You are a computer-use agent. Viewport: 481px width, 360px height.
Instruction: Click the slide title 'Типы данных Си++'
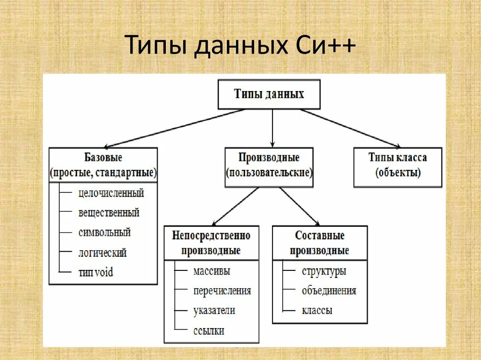[240, 47]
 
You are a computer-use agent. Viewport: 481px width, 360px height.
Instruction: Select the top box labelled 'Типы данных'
[269, 94]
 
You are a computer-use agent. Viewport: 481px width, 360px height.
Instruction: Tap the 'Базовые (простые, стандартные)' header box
[103, 165]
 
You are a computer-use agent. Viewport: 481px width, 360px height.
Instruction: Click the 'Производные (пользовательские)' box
[269, 165]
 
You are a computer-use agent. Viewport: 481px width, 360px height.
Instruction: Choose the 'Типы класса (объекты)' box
[397, 165]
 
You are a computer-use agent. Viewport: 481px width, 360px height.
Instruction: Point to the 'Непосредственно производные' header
[211, 243]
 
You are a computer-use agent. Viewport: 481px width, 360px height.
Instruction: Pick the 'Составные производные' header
[319, 243]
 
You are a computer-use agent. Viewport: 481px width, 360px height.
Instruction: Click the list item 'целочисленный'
[111, 193]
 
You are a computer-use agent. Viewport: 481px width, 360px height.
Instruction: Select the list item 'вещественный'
[109, 213]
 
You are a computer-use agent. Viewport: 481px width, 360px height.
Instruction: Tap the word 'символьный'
[105, 232]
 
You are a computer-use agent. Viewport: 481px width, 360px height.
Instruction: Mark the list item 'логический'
[102, 253]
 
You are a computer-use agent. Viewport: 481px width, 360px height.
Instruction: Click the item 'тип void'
[96, 272]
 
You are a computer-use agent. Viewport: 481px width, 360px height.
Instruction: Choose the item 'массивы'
[211, 271]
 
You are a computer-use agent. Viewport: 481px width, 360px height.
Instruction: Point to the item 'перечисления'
[222, 291]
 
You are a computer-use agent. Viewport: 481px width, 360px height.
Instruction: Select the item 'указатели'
[214, 310]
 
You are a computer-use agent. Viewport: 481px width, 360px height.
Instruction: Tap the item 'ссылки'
[209, 330]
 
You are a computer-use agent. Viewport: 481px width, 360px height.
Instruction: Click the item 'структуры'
[324, 271]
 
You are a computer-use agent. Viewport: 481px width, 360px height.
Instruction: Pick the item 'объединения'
[329, 291]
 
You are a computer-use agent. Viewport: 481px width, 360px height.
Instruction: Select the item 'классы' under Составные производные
[317, 310]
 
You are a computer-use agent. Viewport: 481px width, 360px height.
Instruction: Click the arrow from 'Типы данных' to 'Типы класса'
[350, 128]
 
